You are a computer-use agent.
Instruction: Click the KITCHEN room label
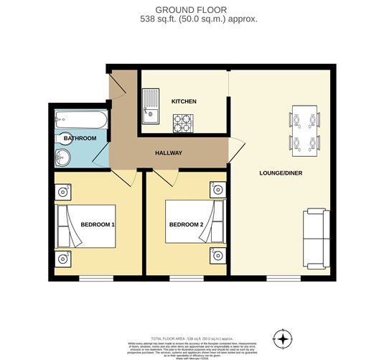click(x=184, y=102)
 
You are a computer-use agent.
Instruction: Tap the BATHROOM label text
click(x=80, y=138)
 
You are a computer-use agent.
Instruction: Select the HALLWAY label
click(x=169, y=153)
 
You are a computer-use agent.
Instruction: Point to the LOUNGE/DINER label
click(x=279, y=173)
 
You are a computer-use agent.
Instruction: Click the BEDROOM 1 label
click(x=98, y=225)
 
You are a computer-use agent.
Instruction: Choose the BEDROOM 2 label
click(x=187, y=225)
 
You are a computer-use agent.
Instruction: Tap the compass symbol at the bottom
click(x=284, y=338)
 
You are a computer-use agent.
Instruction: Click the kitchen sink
click(x=151, y=105)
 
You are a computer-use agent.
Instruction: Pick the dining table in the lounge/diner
click(x=304, y=129)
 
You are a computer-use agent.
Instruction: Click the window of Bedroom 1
click(x=95, y=278)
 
